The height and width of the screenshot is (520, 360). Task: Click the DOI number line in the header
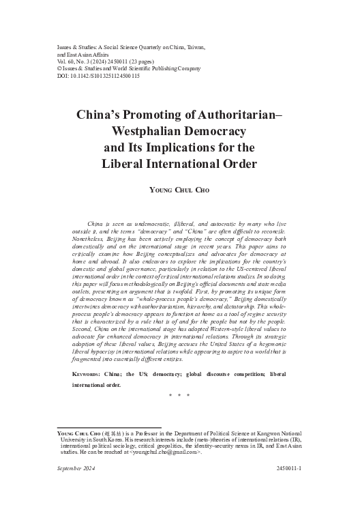[98, 76]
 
